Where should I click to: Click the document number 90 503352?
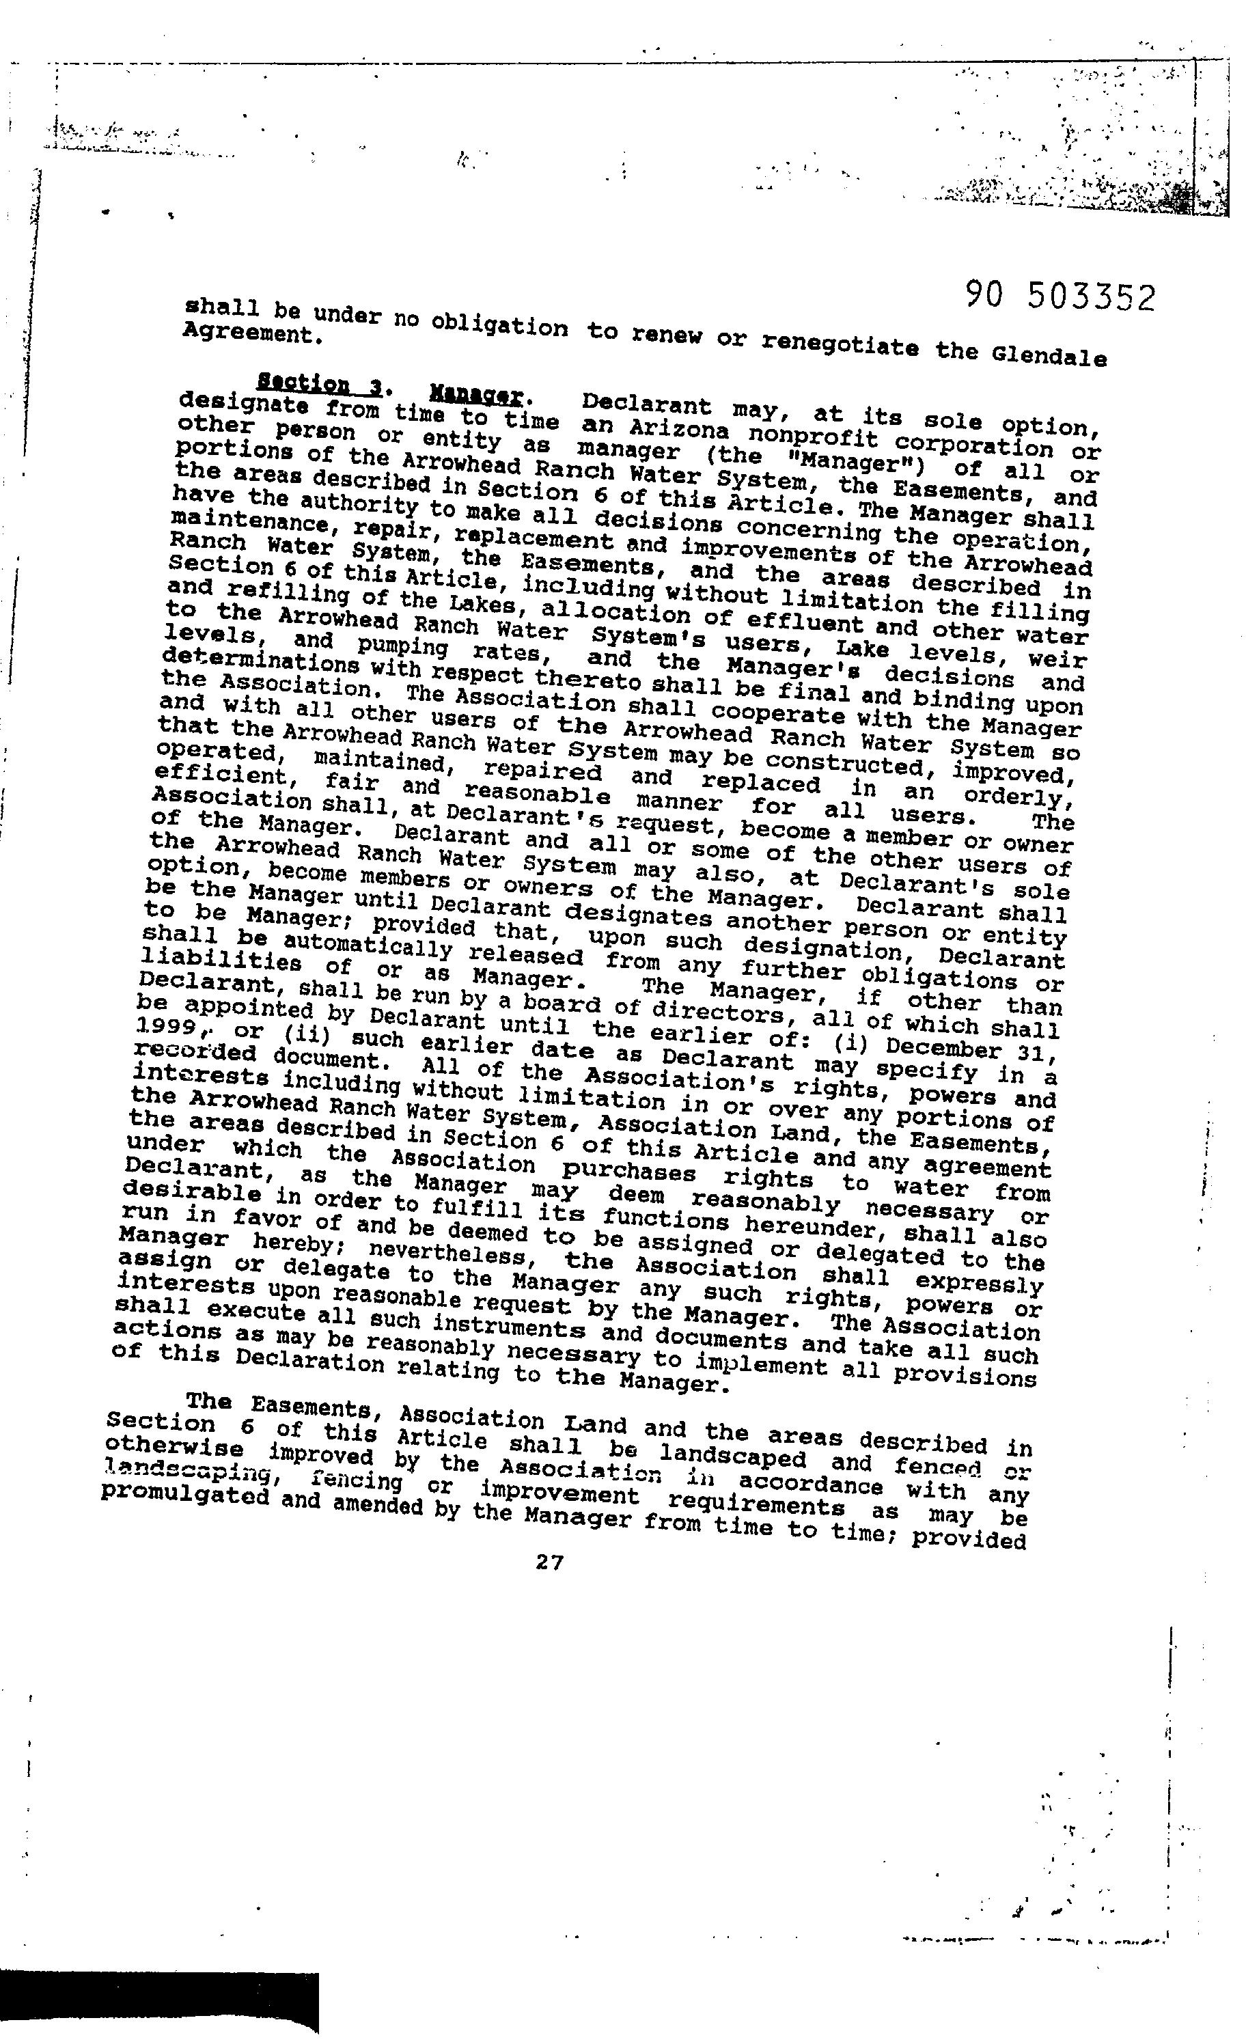click(x=1061, y=297)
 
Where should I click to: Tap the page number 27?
click(x=549, y=1562)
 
